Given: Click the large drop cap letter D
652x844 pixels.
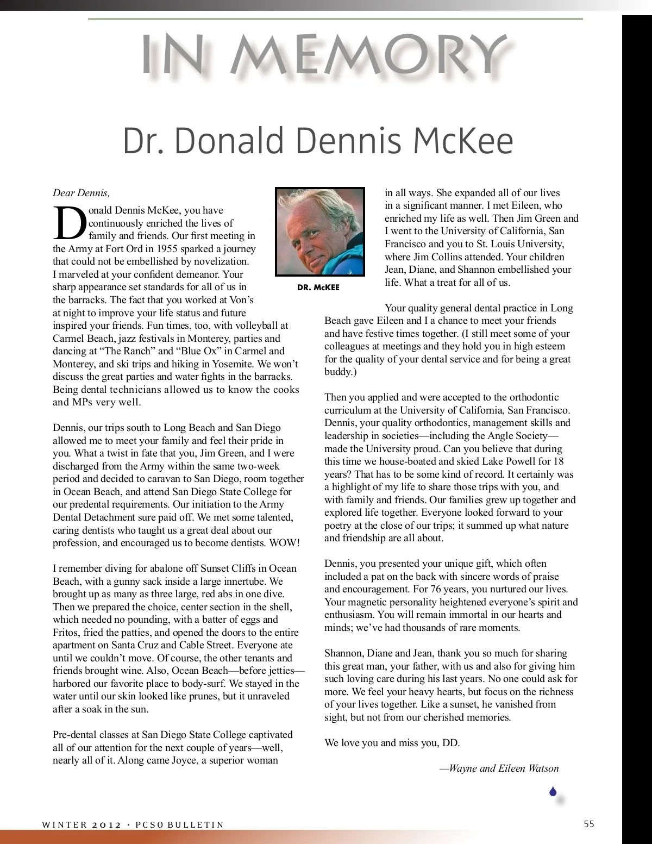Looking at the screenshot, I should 69,223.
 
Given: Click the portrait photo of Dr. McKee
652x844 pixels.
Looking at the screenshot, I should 319,232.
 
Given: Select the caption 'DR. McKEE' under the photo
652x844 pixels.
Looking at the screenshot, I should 318,287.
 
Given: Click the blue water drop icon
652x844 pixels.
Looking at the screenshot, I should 553,792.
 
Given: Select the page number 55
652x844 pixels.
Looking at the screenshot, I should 589,824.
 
